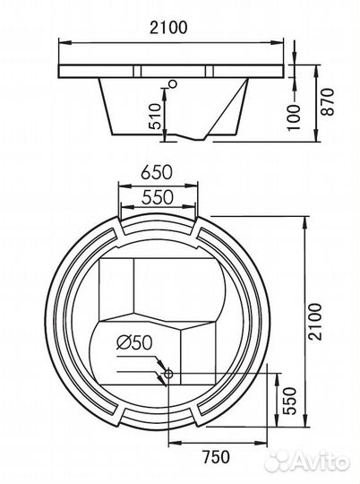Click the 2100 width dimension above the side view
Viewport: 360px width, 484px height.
[x=168, y=28]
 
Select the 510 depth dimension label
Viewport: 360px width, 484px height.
[x=155, y=117]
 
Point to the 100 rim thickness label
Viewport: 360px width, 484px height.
[x=294, y=117]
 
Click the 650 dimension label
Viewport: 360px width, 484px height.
[x=157, y=172]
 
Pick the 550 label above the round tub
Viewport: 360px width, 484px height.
[x=158, y=197]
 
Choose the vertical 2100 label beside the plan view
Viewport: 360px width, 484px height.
[x=315, y=322]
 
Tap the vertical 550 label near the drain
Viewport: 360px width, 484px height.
[x=289, y=401]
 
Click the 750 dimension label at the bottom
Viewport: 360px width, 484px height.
[x=216, y=456]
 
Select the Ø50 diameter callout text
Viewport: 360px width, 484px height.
[x=134, y=342]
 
